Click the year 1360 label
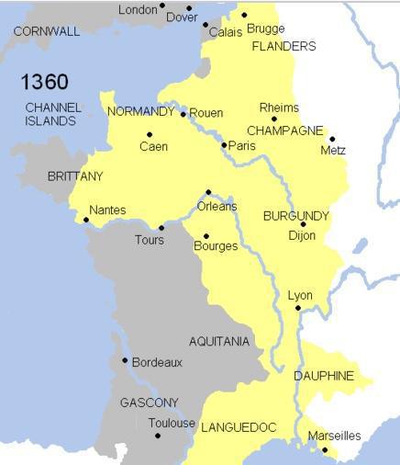coord(44,83)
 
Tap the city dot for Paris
coord(225,144)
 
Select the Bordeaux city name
coord(157,362)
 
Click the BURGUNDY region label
coord(295,216)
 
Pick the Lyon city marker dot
coord(298,309)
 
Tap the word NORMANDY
coord(140,111)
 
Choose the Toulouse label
coord(172,424)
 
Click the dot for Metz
coord(332,139)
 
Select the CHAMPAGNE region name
coord(283,130)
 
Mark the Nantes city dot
coord(86,220)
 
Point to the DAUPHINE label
coord(324,376)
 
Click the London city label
coord(138,10)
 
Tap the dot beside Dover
coord(189,8)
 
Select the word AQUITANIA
coord(219,341)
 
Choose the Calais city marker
coord(206,25)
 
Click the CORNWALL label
coord(47,31)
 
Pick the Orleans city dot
coord(208,192)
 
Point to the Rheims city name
coord(279,108)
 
